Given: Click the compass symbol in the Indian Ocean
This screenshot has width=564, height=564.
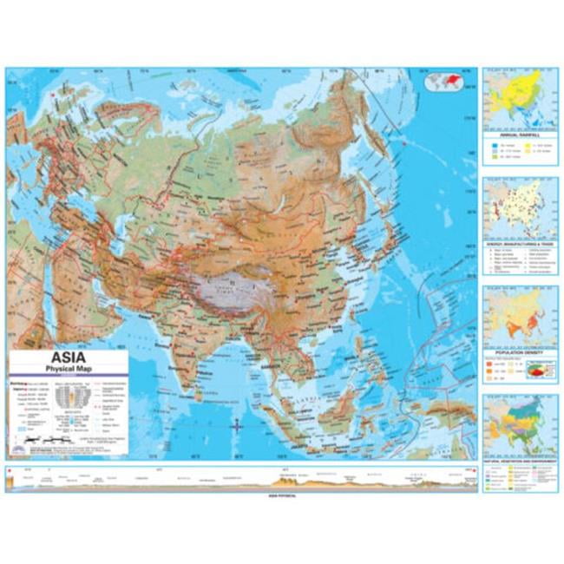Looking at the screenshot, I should [x=236, y=427].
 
